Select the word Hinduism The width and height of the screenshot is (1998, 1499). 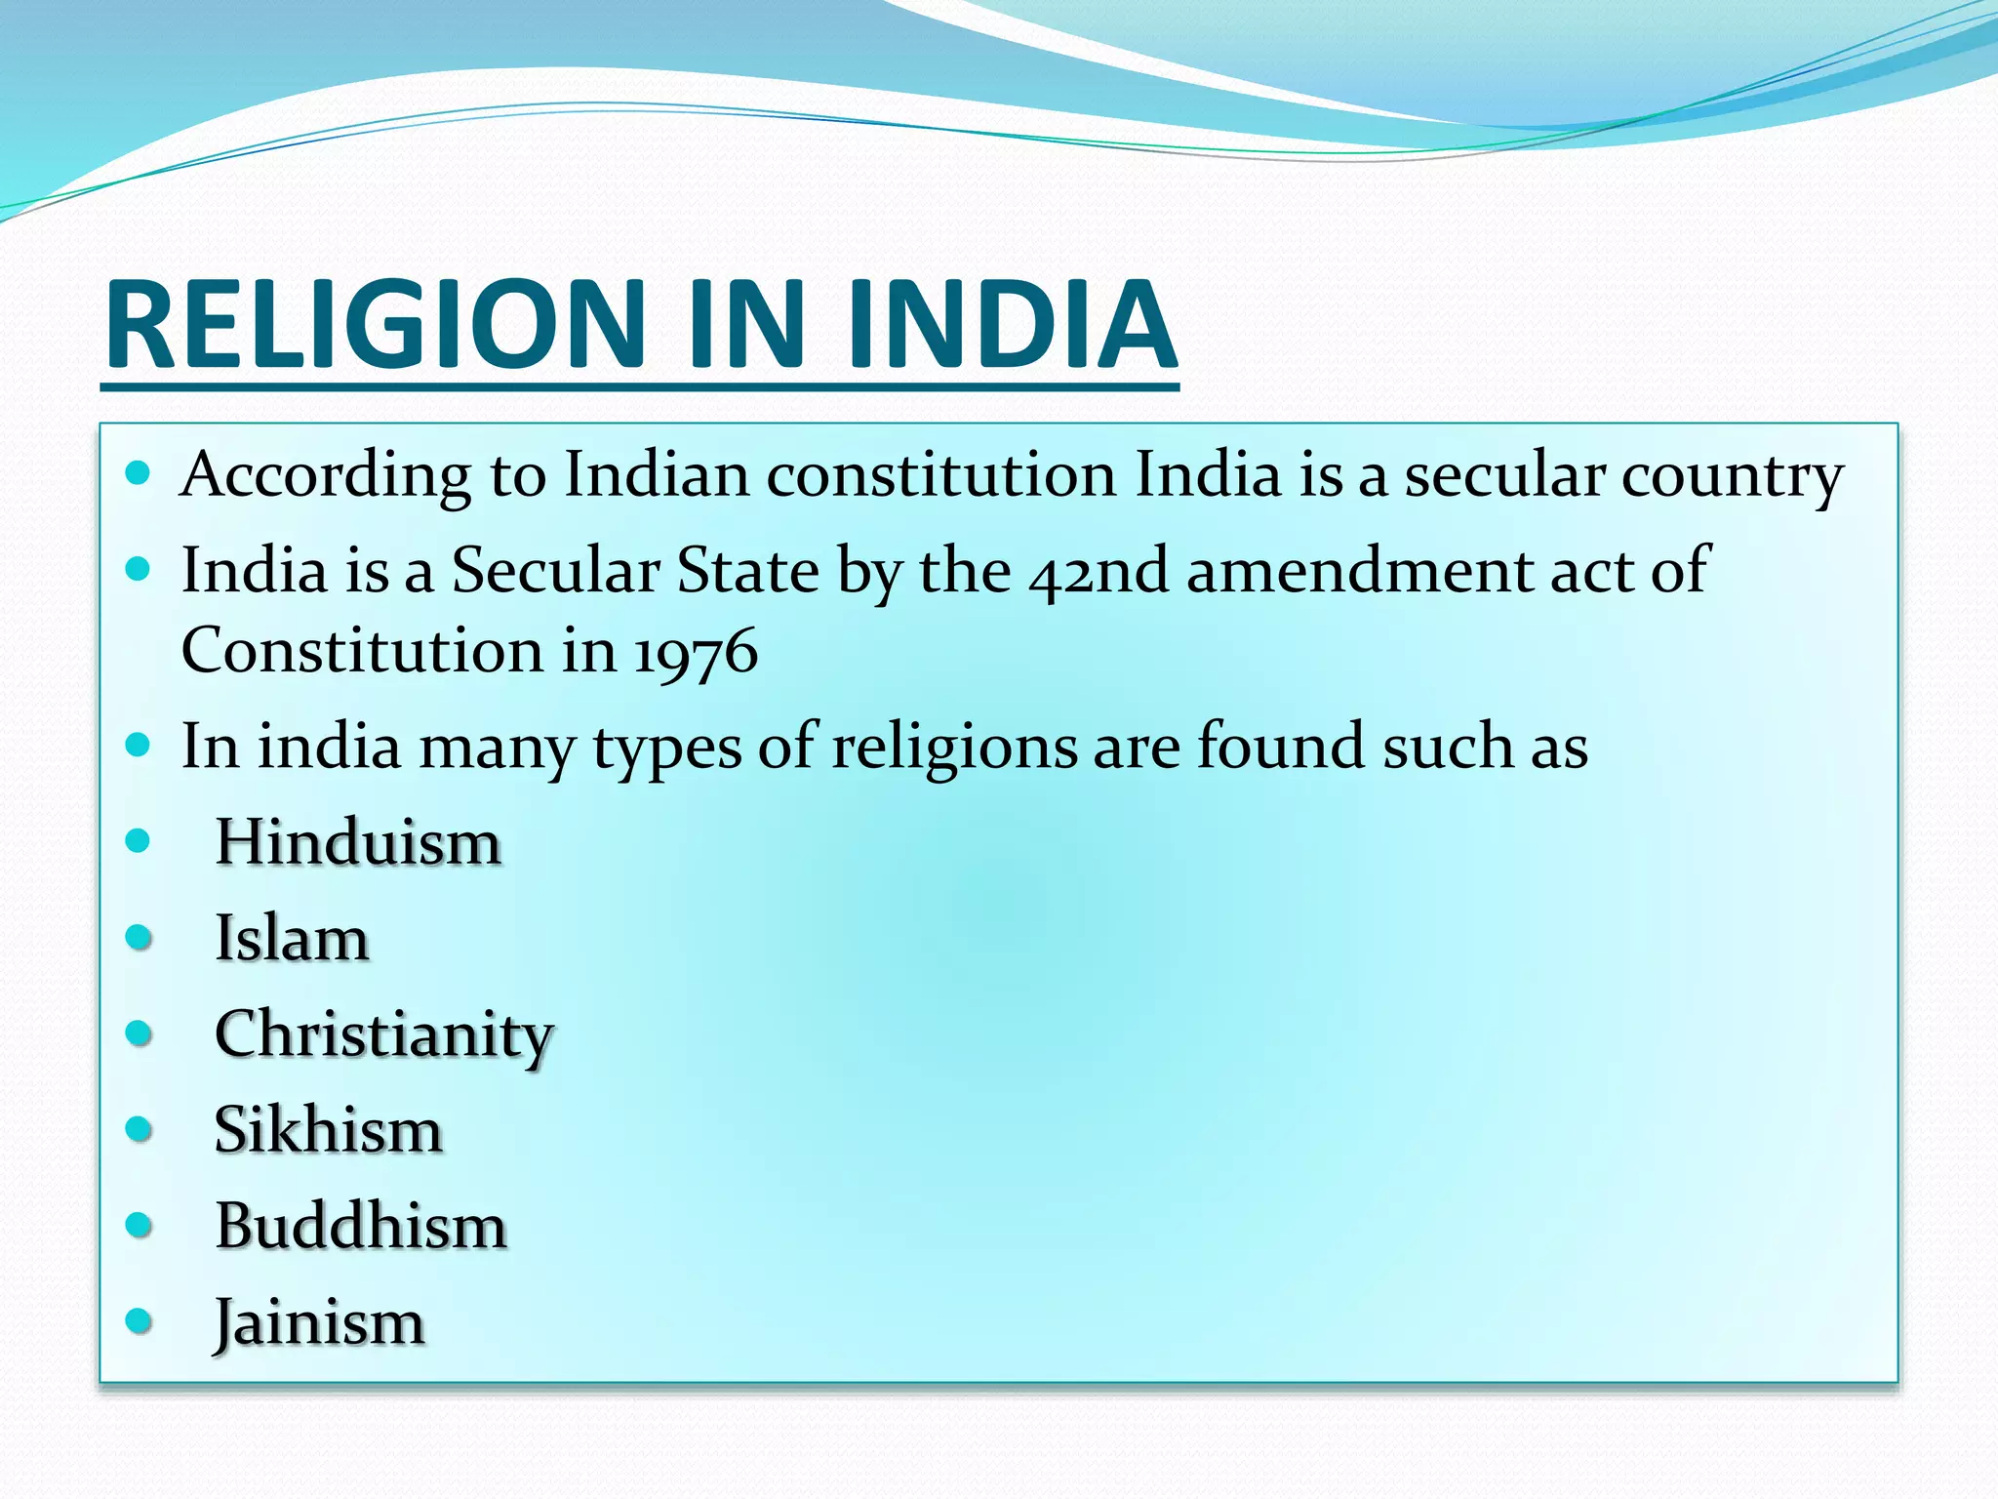[357, 841]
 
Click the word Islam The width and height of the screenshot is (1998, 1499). [292, 938]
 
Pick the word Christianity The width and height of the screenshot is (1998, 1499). [383, 1034]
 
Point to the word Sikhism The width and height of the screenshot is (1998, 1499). [328, 1130]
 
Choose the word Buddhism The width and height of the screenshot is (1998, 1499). [360, 1226]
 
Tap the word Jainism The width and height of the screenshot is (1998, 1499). [319, 1322]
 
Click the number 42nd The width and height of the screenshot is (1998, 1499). [1098, 571]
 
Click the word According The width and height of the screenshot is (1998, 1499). [326, 476]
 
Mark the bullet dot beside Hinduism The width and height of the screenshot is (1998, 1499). [139, 840]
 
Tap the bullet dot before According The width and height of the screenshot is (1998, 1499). [139, 474]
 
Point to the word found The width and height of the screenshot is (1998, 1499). [1280, 748]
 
